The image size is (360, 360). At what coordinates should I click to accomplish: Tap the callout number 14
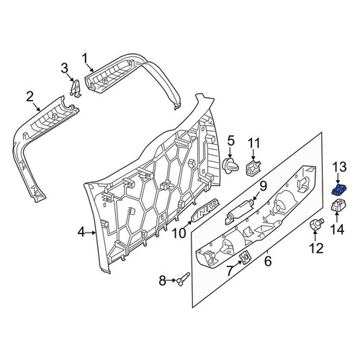[x=337, y=229]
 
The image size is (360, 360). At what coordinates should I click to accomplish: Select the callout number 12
[x=316, y=248]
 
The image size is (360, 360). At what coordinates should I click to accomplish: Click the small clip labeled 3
[x=76, y=88]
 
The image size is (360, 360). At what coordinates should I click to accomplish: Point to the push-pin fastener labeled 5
[x=231, y=166]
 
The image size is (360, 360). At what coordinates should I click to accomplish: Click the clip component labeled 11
[x=253, y=168]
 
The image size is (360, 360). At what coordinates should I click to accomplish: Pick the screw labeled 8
[x=184, y=279]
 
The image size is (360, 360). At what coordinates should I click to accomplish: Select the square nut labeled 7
[x=245, y=259]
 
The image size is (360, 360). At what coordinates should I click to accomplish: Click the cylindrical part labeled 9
[x=239, y=210]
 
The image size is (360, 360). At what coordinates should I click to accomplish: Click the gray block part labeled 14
[x=338, y=205]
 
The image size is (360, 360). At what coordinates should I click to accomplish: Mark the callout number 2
[x=30, y=97]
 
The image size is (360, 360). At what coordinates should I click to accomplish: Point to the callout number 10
[x=179, y=233]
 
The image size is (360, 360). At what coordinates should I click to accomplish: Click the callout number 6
[x=268, y=261]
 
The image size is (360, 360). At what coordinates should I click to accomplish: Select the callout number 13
[x=339, y=167]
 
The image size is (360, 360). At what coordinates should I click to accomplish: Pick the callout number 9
[x=263, y=186]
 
